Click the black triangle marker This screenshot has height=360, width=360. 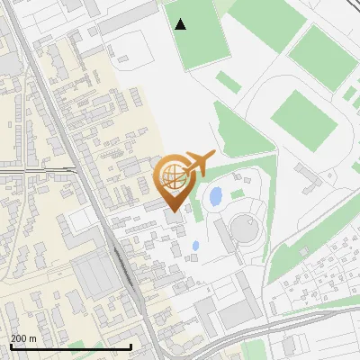(181, 24)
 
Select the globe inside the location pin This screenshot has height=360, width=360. (171, 173)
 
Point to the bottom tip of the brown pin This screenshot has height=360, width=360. (171, 199)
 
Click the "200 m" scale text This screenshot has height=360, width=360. (23, 338)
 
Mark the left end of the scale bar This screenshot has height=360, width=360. (10, 346)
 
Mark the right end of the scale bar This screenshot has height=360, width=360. (131, 346)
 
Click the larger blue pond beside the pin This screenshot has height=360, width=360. (216, 195)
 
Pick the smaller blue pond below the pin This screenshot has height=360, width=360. (195, 246)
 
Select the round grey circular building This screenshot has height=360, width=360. (245, 229)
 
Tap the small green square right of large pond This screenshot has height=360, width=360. (238, 193)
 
